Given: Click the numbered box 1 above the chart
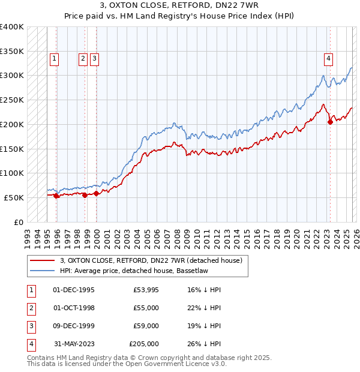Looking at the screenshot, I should (55, 58).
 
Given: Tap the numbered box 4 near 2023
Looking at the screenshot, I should (329, 58).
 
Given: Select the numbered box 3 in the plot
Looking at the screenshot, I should (95, 58).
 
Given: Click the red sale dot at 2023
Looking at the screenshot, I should (330, 122).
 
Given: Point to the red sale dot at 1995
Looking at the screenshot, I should (56, 196).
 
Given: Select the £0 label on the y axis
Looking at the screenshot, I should (19, 222).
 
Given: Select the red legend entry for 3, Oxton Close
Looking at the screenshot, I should (151, 260).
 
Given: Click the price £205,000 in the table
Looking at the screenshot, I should (144, 344).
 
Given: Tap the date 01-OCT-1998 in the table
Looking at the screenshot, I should (73, 308).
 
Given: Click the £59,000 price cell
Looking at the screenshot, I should (146, 326).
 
